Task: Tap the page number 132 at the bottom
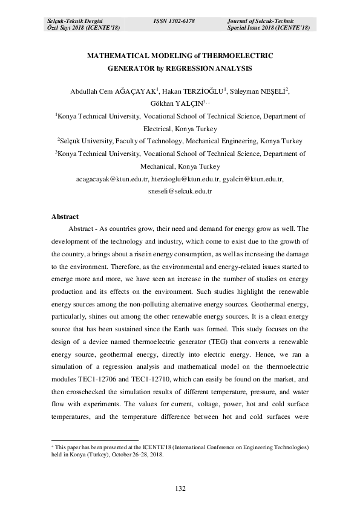point(180,488)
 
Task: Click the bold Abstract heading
point(65,216)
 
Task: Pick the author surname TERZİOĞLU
point(203,91)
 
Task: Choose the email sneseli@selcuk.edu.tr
point(180,191)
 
